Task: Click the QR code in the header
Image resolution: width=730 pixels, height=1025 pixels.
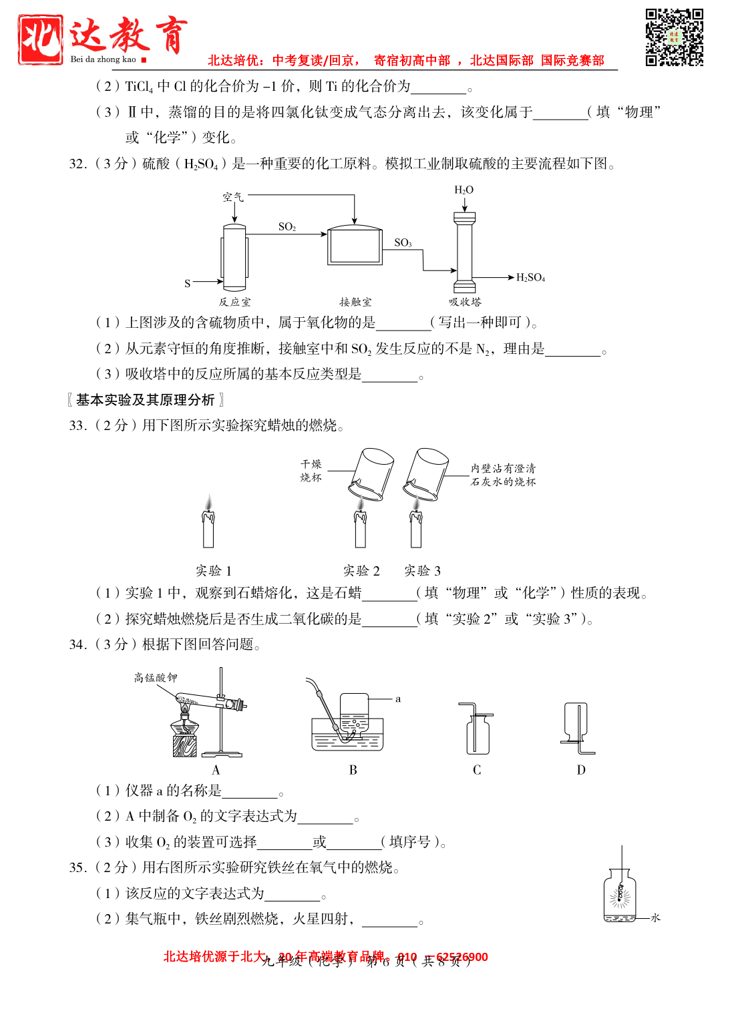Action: pos(674,37)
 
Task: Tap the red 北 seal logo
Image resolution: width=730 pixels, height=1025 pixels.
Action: pos(41,39)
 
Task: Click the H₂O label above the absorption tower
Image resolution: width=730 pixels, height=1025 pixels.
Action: pos(464,190)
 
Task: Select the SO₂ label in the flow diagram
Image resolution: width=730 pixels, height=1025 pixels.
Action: pos(287,227)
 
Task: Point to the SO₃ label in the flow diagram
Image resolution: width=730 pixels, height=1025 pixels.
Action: pos(403,242)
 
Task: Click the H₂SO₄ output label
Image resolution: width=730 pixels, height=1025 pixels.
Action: pos(530,278)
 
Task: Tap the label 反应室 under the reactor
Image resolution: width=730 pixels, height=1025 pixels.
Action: pos(234,302)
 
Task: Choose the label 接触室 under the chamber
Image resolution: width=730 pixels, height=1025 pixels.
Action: pos(355,302)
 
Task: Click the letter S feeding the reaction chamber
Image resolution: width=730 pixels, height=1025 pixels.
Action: pos(188,283)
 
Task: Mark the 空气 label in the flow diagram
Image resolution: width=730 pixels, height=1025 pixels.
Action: pos(233,197)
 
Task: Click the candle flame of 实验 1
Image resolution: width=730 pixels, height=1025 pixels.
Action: pos(209,502)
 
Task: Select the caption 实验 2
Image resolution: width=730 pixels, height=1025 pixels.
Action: pos(361,571)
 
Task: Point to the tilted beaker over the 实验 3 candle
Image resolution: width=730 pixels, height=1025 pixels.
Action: pos(425,473)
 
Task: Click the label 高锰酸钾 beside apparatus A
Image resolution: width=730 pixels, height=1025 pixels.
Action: pos(156,678)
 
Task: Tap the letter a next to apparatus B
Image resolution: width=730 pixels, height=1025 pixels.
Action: pos(398,699)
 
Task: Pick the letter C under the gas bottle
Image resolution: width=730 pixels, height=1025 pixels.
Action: pos(477,770)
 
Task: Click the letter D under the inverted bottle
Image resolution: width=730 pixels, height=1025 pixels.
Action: pos(581,770)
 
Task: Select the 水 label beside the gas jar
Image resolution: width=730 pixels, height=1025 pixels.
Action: pos(655,917)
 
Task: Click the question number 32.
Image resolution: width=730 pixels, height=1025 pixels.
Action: pos(77,164)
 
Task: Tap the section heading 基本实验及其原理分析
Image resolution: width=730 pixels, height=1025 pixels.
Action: pos(146,400)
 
